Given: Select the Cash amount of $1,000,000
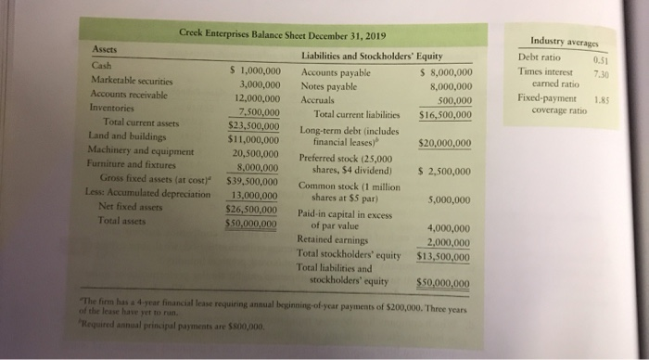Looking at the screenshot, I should (254, 70).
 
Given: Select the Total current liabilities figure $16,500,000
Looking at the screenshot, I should (445, 114).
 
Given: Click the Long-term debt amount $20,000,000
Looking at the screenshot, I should (445, 143).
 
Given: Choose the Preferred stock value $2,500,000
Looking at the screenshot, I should (445, 172).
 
